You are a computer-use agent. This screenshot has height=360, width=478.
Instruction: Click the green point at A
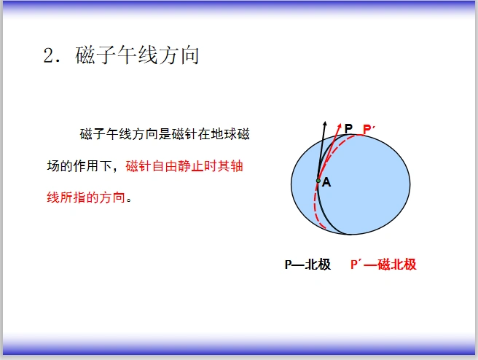[318, 181]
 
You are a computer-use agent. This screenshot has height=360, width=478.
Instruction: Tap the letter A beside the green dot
[326, 183]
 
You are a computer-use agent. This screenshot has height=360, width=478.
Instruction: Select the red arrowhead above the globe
[341, 128]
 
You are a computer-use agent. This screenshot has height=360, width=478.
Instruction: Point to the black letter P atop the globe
[349, 129]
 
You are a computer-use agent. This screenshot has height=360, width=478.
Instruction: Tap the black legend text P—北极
[307, 265]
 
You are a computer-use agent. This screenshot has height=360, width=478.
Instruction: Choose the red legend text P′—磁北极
[383, 265]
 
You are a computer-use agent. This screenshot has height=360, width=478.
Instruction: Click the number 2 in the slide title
[50, 57]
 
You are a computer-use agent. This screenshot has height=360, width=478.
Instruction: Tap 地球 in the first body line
[222, 135]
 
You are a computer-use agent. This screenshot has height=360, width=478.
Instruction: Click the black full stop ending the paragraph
[130, 200]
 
